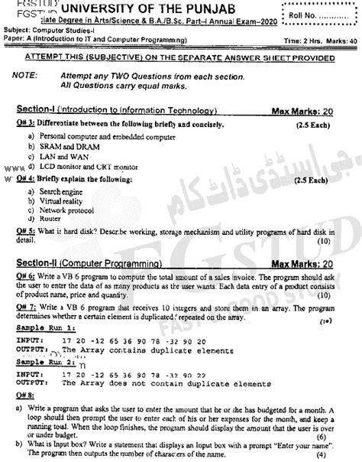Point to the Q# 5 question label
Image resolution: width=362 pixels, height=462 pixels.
[26, 230]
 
